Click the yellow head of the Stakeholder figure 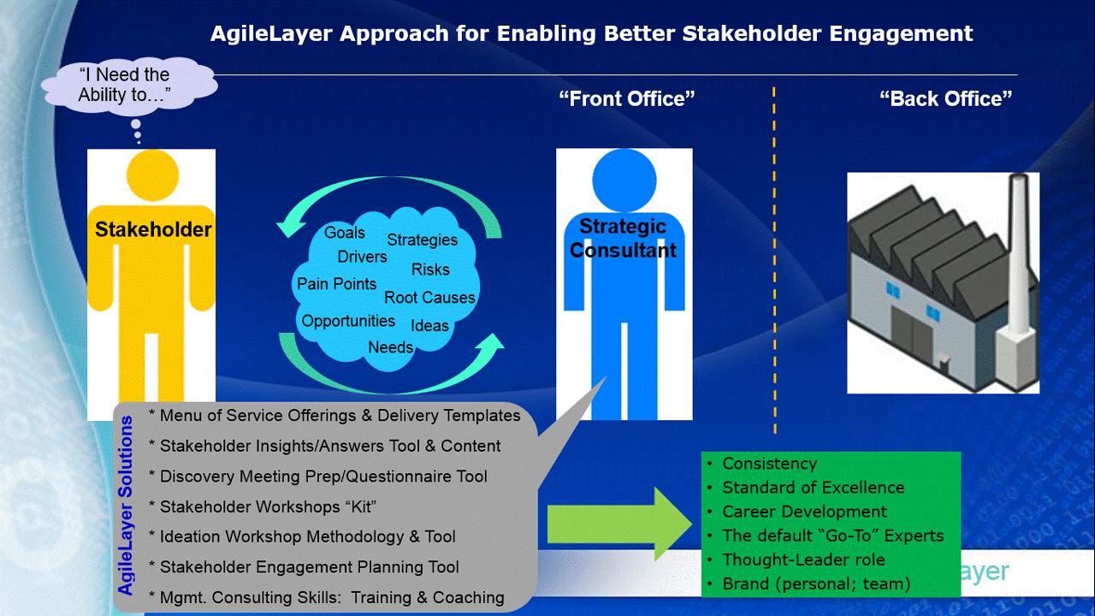[152, 175]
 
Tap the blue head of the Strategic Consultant [624, 180]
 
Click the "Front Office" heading [627, 98]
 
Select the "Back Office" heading [946, 98]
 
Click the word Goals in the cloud [345, 232]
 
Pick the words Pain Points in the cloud [336, 283]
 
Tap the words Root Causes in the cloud [429, 297]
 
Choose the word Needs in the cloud [391, 347]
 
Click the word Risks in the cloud [430, 269]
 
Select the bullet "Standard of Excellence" [814, 488]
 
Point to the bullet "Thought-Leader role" [803, 560]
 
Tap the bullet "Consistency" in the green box [769, 464]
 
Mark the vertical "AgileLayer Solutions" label [126, 506]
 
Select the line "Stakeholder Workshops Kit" [263, 507]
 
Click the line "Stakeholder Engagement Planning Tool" [304, 567]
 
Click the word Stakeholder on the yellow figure [153, 229]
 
